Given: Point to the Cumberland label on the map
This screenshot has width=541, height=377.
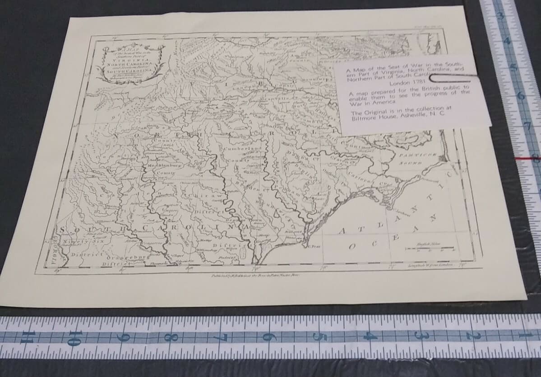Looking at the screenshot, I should [x=242, y=149].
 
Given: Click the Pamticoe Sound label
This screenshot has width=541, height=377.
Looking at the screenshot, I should [x=416, y=158].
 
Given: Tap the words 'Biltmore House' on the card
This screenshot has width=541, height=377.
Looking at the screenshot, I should [x=374, y=119].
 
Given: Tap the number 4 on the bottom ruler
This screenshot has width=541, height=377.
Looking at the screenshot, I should [x=371, y=336].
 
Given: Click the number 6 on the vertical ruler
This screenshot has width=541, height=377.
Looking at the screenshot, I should [x=523, y=96].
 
